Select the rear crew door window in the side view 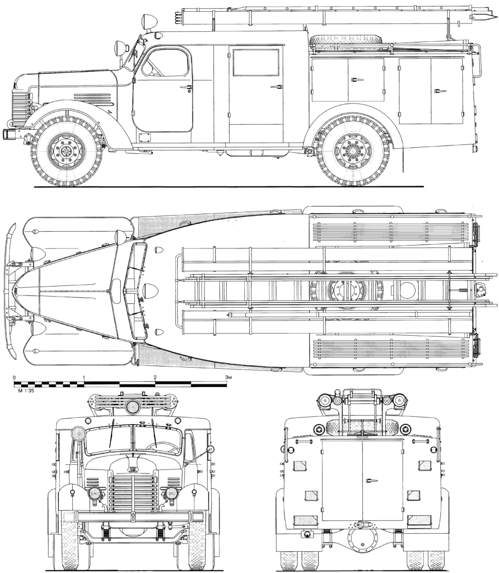click(256, 63)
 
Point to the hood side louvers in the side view click(92, 97)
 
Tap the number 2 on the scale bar click(155, 378)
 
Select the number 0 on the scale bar click(14, 378)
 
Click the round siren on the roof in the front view click(132, 406)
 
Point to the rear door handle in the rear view click(371, 480)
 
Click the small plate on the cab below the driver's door click(145, 137)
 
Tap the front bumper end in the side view click(8, 134)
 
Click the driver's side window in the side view click(164, 63)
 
